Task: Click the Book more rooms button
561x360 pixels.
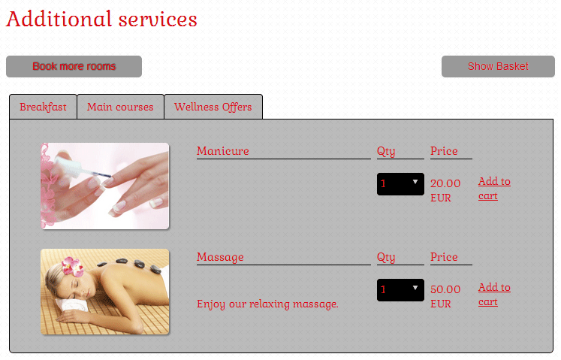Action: click(x=74, y=66)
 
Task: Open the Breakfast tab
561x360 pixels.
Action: click(x=43, y=107)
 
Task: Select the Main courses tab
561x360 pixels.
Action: click(x=120, y=107)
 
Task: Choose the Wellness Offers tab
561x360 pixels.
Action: click(x=213, y=107)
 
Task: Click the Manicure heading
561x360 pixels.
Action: click(x=223, y=151)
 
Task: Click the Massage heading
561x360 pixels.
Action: click(x=220, y=257)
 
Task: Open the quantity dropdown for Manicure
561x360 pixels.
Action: click(x=400, y=184)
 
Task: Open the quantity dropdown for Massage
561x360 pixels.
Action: click(x=400, y=290)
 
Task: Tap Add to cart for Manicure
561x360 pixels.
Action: click(x=494, y=189)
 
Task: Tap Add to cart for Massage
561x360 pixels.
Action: click(x=494, y=295)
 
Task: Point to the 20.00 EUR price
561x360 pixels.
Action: click(x=445, y=190)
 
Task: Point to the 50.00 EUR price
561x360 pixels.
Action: click(x=445, y=296)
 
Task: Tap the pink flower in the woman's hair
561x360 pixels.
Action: click(x=73, y=267)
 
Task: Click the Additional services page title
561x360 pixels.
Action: click(x=101, y=19)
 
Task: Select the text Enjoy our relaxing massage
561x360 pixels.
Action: click(x=267, y=304)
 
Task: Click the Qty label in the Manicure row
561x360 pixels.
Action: click(x=386, y=152)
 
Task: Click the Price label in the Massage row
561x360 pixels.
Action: click(x=444, y=257)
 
